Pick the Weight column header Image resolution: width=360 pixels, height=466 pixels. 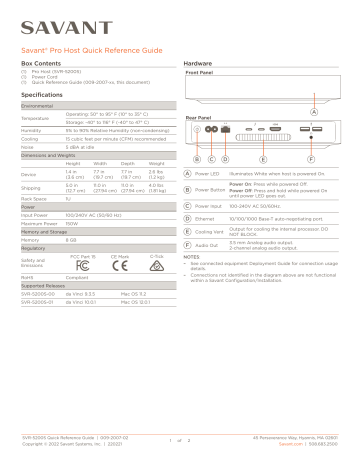pyautogui.click(x=154, y=163)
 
